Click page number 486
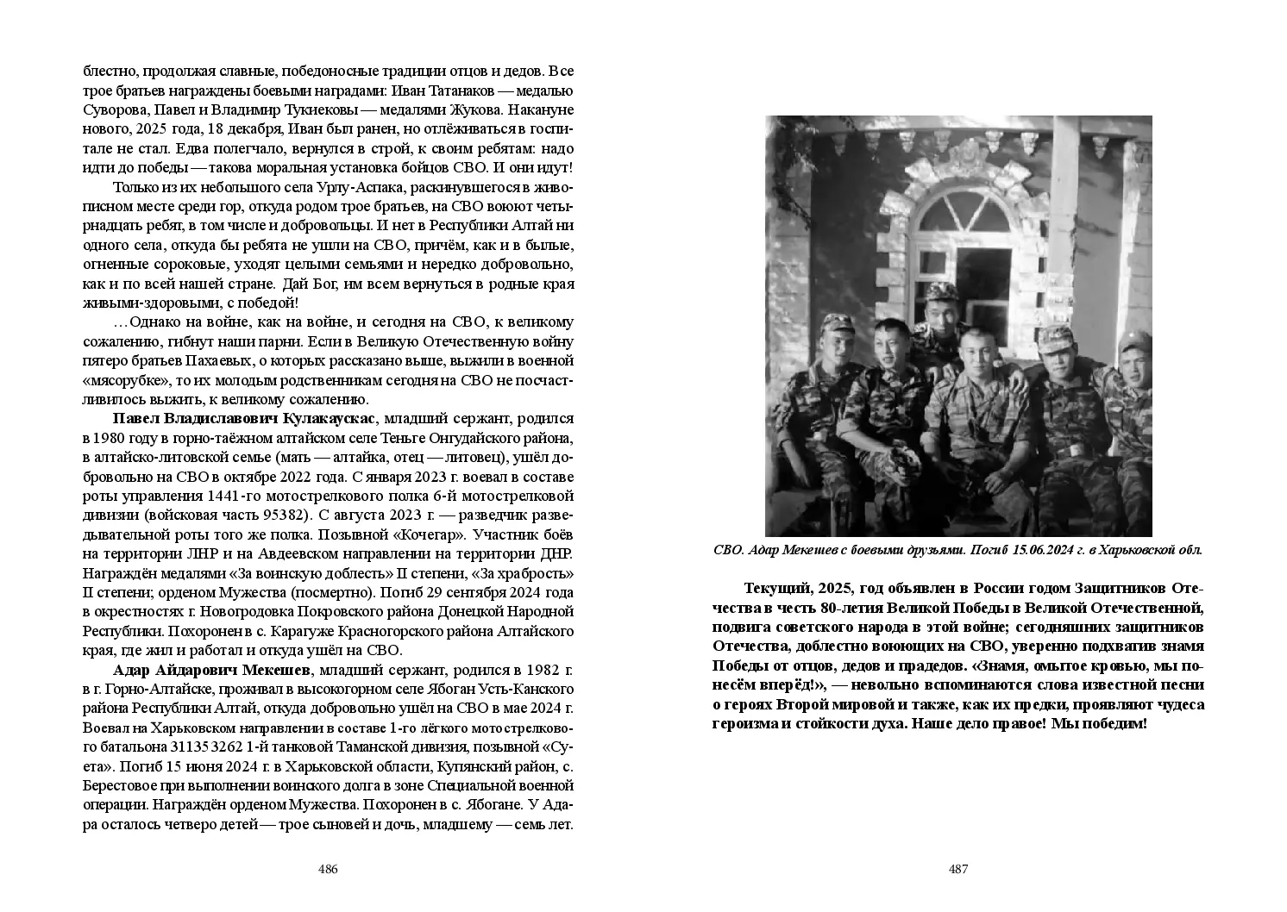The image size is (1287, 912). point(328,869)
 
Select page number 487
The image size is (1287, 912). point(958,869)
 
